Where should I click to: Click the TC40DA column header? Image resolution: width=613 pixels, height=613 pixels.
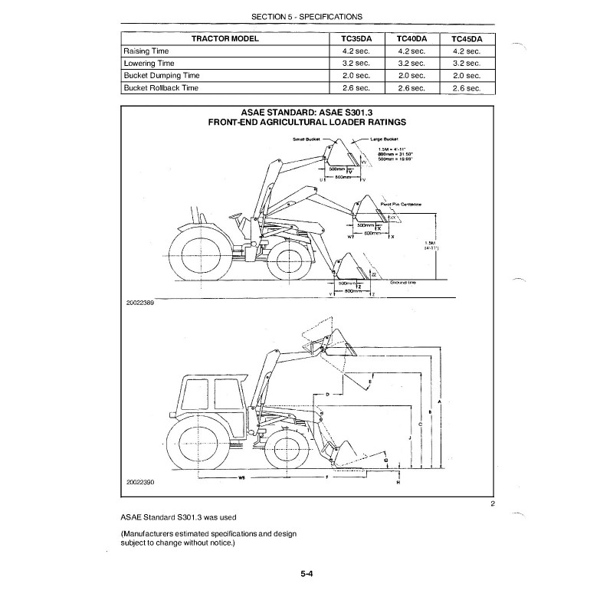pyautogui.click(x=412, y=38)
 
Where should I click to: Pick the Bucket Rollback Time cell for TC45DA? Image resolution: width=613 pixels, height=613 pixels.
pyautogui.click(x=466, y=89)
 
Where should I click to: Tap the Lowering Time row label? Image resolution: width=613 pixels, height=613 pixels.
pyautogui.click(x=149, y=64)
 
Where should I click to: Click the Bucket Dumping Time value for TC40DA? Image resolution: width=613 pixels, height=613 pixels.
pyautogui.click(x=412, y=76)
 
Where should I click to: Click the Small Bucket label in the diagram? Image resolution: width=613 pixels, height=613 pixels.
pyautogui.click(x=306, y=139)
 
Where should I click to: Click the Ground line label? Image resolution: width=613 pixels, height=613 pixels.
pyautogui.click(x=403, y=283)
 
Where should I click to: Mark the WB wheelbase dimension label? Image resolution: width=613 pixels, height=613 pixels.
pyautogui.click(x=241, y=477)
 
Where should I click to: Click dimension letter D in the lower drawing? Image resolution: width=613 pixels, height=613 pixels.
pyautogui.click(x=328, y=394)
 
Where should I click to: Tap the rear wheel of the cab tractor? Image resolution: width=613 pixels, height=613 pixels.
pyautogui.click(x=198, y=444)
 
